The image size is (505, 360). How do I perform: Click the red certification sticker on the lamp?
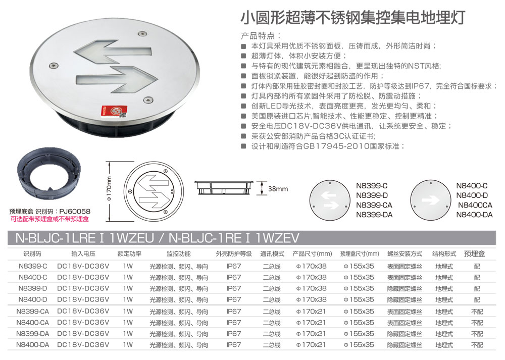114,112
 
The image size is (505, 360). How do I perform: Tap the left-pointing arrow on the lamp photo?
113,52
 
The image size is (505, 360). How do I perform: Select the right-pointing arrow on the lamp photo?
117,79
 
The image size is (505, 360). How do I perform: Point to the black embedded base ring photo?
49,174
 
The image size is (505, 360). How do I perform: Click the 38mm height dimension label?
278,189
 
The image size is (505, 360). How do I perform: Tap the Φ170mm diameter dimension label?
109,189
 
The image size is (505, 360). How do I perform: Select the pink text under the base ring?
49,219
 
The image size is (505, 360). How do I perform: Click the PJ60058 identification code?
75,212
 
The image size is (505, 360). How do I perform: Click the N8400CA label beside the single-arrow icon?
475,205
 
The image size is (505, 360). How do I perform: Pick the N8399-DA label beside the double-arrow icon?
374,215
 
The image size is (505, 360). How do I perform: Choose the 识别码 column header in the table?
32,254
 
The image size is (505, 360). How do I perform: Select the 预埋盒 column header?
474,254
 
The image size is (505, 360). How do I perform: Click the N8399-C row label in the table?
33,266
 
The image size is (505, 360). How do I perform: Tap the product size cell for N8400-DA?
311,345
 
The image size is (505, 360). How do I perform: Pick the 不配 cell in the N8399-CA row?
477,312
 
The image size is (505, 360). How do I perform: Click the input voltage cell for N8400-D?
83,300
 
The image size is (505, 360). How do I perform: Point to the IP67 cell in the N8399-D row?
233,288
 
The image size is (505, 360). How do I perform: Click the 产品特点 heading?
261,35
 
